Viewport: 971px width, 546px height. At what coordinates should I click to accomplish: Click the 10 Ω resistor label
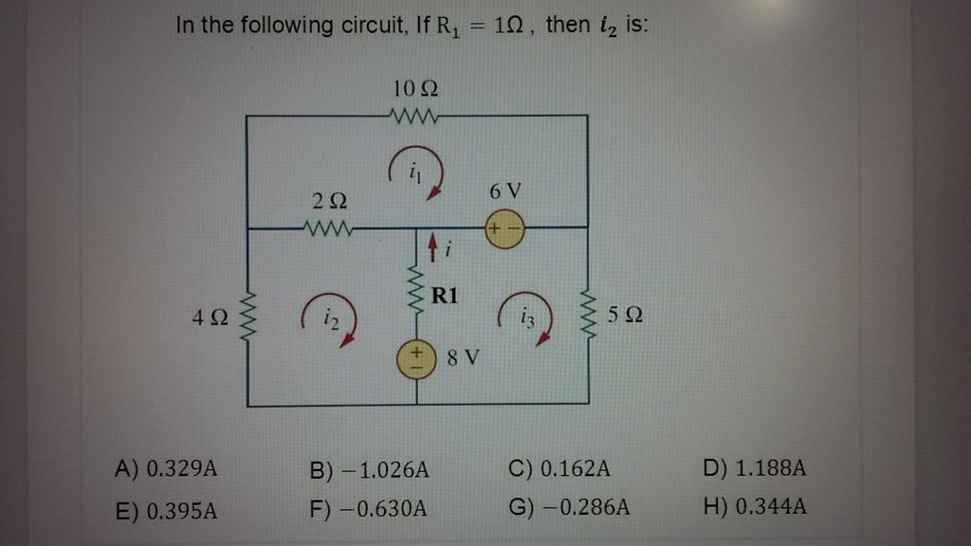(x=414, y=91)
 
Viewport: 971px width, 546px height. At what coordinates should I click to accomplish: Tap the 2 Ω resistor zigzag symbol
(x=327, y=227)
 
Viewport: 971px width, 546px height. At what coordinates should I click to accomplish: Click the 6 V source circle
(x=504, y=229)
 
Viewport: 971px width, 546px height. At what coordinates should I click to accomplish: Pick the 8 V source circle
(x=416, y=360)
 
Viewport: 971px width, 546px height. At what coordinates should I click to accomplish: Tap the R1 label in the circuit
(x=445, y=295)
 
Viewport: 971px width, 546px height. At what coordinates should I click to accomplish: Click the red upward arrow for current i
(x=431, y=249)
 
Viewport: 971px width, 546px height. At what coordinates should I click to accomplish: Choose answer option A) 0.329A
(x=166, y=468)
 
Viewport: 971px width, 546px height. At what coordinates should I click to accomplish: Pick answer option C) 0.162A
(x=559, y=468)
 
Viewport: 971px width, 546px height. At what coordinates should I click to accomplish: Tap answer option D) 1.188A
(x=756, y=468)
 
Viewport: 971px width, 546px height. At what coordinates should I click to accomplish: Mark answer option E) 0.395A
(x=166, y=511)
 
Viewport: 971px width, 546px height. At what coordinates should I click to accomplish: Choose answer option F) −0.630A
(x=369, y=511)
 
